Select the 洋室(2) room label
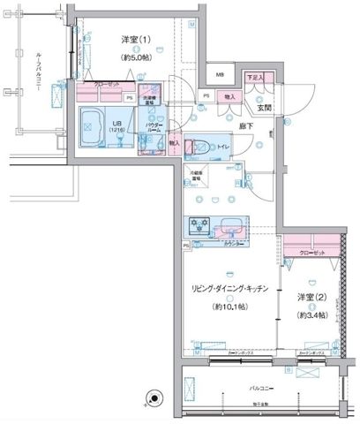(x=312, y=297)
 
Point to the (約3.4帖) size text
(x=311, y=315)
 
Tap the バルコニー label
(x=259, y=388)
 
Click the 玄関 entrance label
(x=264, y=108)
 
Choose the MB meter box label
(x=221, y=76)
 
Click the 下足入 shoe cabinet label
(x=254, y=78)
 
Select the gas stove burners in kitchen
(x=199, y=226)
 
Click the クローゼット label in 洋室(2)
(x=311, y=253)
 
